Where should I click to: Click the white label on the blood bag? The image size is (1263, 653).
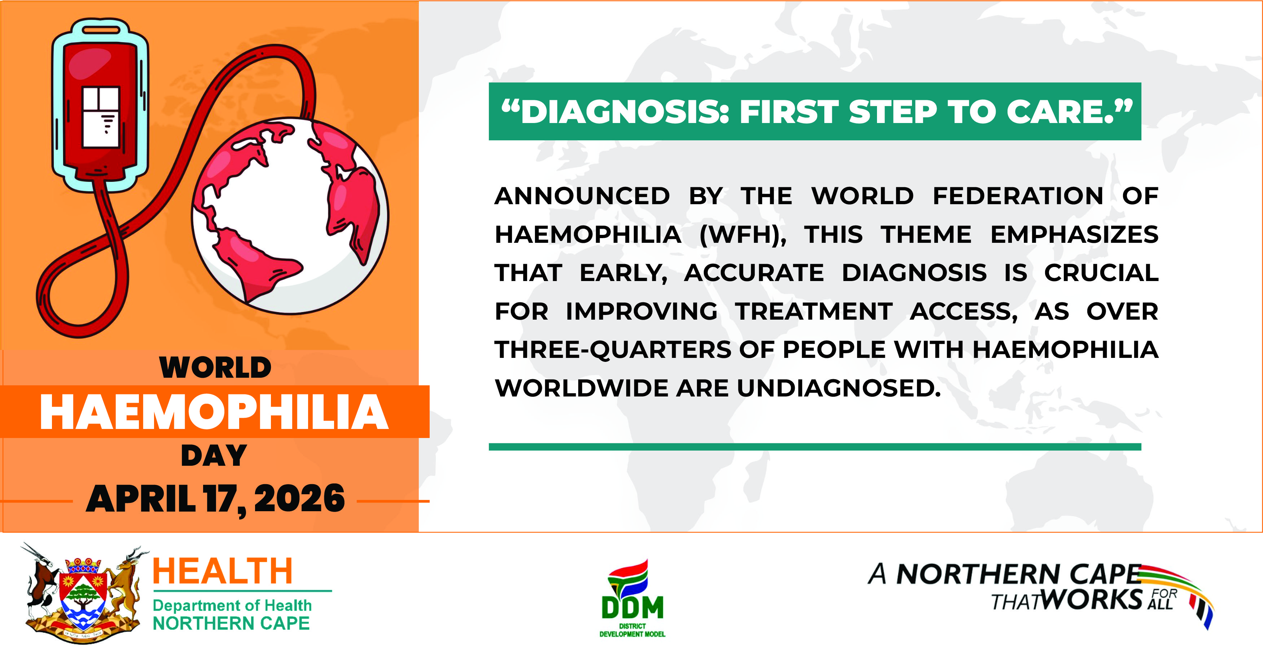click(101, 117)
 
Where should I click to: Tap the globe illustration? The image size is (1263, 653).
click(290, 216)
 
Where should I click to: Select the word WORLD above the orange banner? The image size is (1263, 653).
click(215, 367)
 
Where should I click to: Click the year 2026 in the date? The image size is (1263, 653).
click(299, 498)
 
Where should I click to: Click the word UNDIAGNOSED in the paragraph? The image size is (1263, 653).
click(838, 388)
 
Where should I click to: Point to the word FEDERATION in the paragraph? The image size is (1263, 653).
click(1018, 196)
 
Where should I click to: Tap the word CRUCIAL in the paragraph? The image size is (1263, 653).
click(1101, 273)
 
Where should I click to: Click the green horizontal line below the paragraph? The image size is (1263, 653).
click(815, 447)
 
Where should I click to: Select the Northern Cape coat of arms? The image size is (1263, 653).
click(84, 593)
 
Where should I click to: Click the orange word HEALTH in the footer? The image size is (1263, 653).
click(223, 571)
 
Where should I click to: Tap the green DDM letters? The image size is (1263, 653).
click(632, 608)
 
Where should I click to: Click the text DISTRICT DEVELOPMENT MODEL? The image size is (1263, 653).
click(632, 630)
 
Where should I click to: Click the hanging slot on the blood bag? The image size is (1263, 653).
click(101, 30)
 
